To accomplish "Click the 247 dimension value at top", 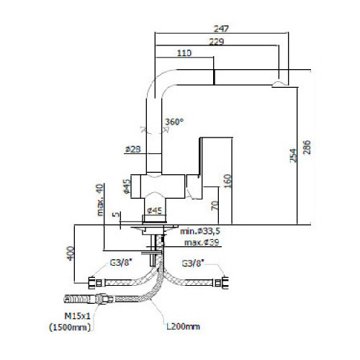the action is pyautogui.click(x=221, y=29).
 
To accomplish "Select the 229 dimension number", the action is pyautogui.click(x=217, y=42).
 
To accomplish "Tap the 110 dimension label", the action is pyautogui.click(x=184, y=53).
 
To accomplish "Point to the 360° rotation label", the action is pyautogui.click(x=174, y=122).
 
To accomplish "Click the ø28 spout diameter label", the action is pyautogui.click(x=133, y=149).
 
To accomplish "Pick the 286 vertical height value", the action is pyautogui.click(x=307, y=147).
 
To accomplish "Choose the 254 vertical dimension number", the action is pyautogui.click(x=293, y=156).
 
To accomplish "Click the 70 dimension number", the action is pyautogui.click(x=215, y=206).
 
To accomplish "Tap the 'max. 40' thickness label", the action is pyautogui.click(x=99, y=200).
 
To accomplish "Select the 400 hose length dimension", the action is pyautogui.click(x=71, y=253).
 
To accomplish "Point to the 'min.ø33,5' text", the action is pyautogui.click(x=200, y=231).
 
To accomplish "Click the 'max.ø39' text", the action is pyautogui.click(x=202, y=242).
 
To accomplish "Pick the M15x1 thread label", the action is pyautogui.click(x=78, y=316).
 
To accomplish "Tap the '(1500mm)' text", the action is pyautogui.click(x=70, y=327).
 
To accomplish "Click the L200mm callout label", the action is pyautogui.click(x=183, y=326).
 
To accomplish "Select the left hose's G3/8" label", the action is pyautogui.click(x=121, y=263).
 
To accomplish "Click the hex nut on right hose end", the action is pyautogui.click(x=225, y=283).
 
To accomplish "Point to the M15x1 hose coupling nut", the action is pyautogui.click(x=102, y=299).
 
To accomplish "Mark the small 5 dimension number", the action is pyautogui.click(x=117, y=214).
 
